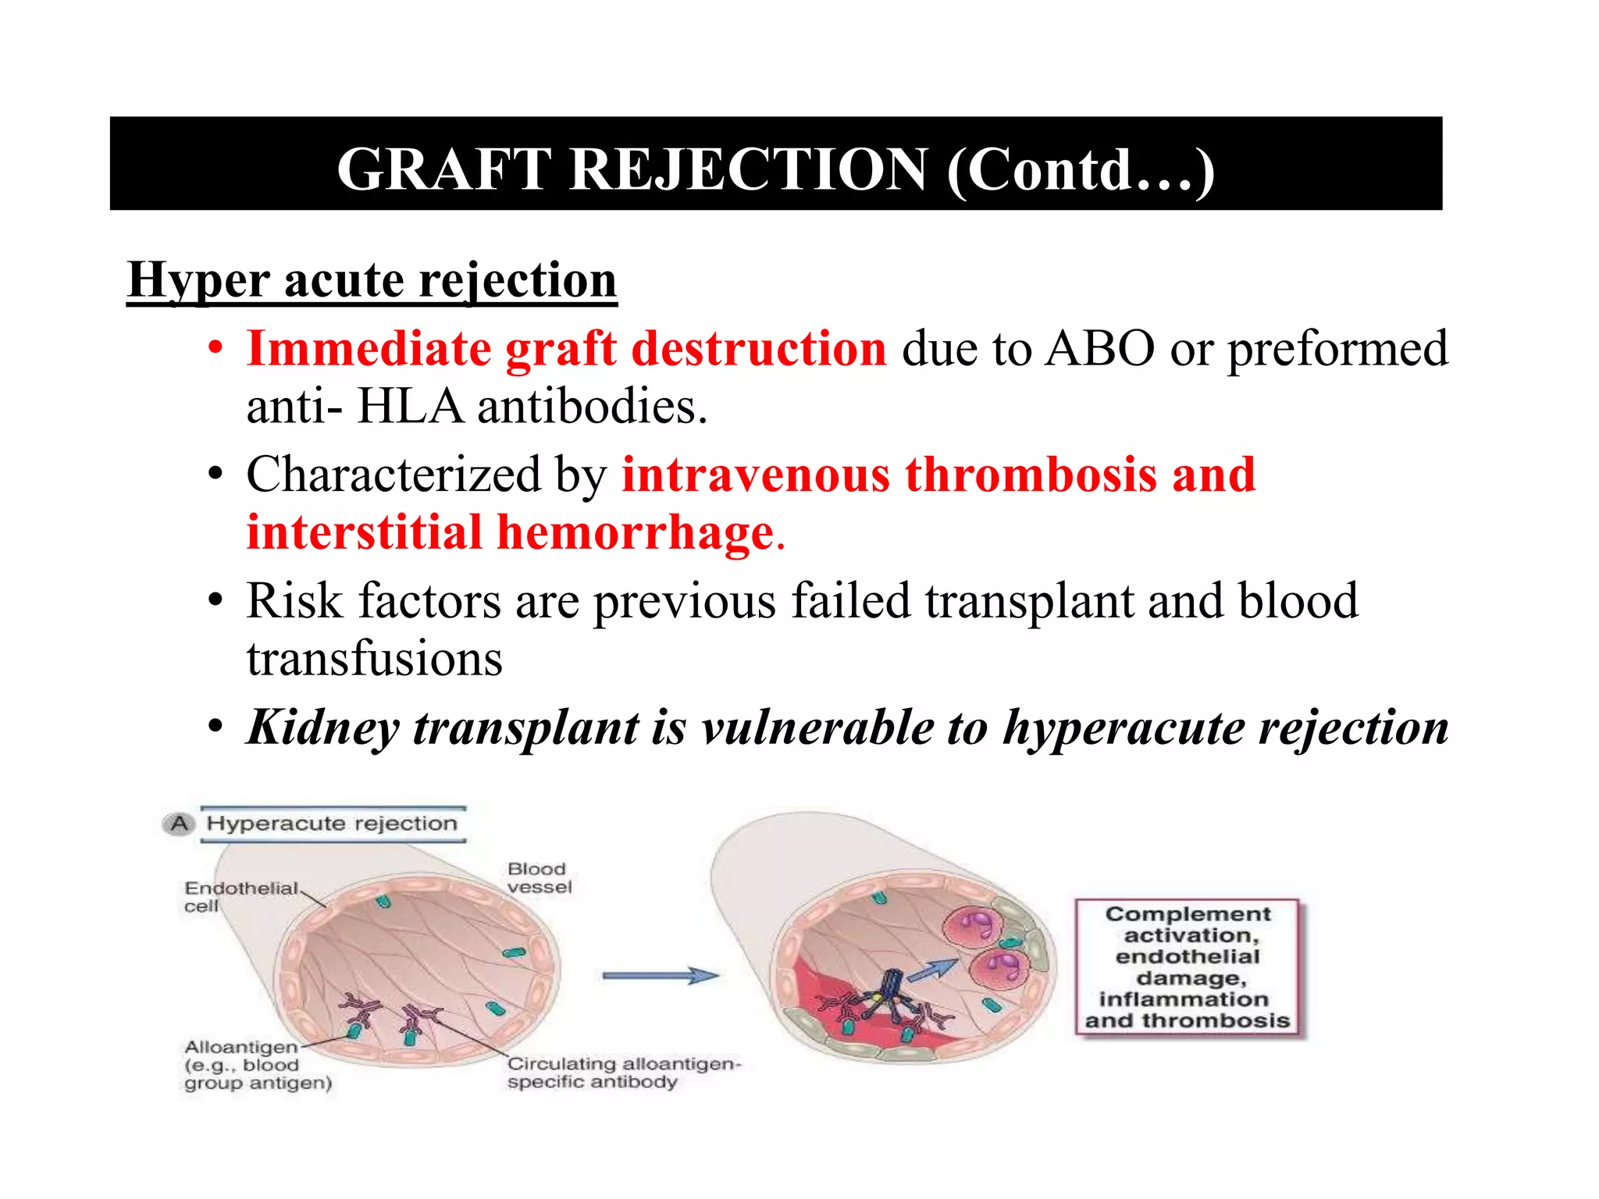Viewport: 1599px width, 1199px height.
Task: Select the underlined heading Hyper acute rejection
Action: click(372, 279)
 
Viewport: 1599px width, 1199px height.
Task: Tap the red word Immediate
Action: click(369, 348)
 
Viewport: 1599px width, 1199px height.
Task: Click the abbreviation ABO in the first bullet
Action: click(1099, 348)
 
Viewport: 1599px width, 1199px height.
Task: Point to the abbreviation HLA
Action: click(410, 407)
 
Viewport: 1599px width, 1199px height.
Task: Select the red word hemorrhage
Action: click(635, 533)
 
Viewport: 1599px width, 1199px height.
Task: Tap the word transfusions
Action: click(374, 659)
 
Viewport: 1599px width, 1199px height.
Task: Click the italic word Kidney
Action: click(322, 728)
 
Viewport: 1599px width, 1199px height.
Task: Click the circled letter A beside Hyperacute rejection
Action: click(180, 824)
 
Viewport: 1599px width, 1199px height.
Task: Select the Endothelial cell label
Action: click(240, 896)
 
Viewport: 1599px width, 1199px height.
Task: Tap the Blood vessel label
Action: click(539, 877)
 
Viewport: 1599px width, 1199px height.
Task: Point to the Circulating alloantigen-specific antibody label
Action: click(623, 1073)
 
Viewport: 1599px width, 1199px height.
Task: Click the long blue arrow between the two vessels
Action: click(660, 975)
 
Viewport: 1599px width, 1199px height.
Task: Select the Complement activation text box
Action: click(1187, 967)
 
